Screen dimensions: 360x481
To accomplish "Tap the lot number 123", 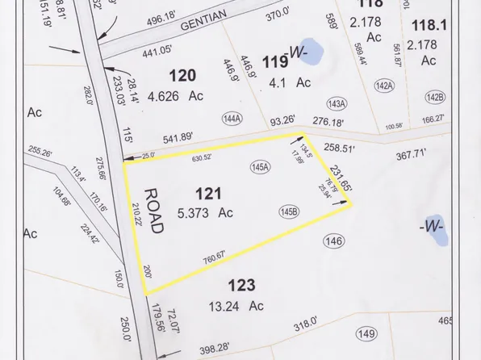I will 241,285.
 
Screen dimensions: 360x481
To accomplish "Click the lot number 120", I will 183,75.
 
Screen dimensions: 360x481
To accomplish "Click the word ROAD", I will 153,211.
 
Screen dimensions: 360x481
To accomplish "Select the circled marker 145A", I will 260,168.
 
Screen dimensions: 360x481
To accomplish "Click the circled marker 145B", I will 289,212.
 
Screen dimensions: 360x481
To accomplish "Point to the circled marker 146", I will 333,241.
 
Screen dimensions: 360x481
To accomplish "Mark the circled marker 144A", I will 232,119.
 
